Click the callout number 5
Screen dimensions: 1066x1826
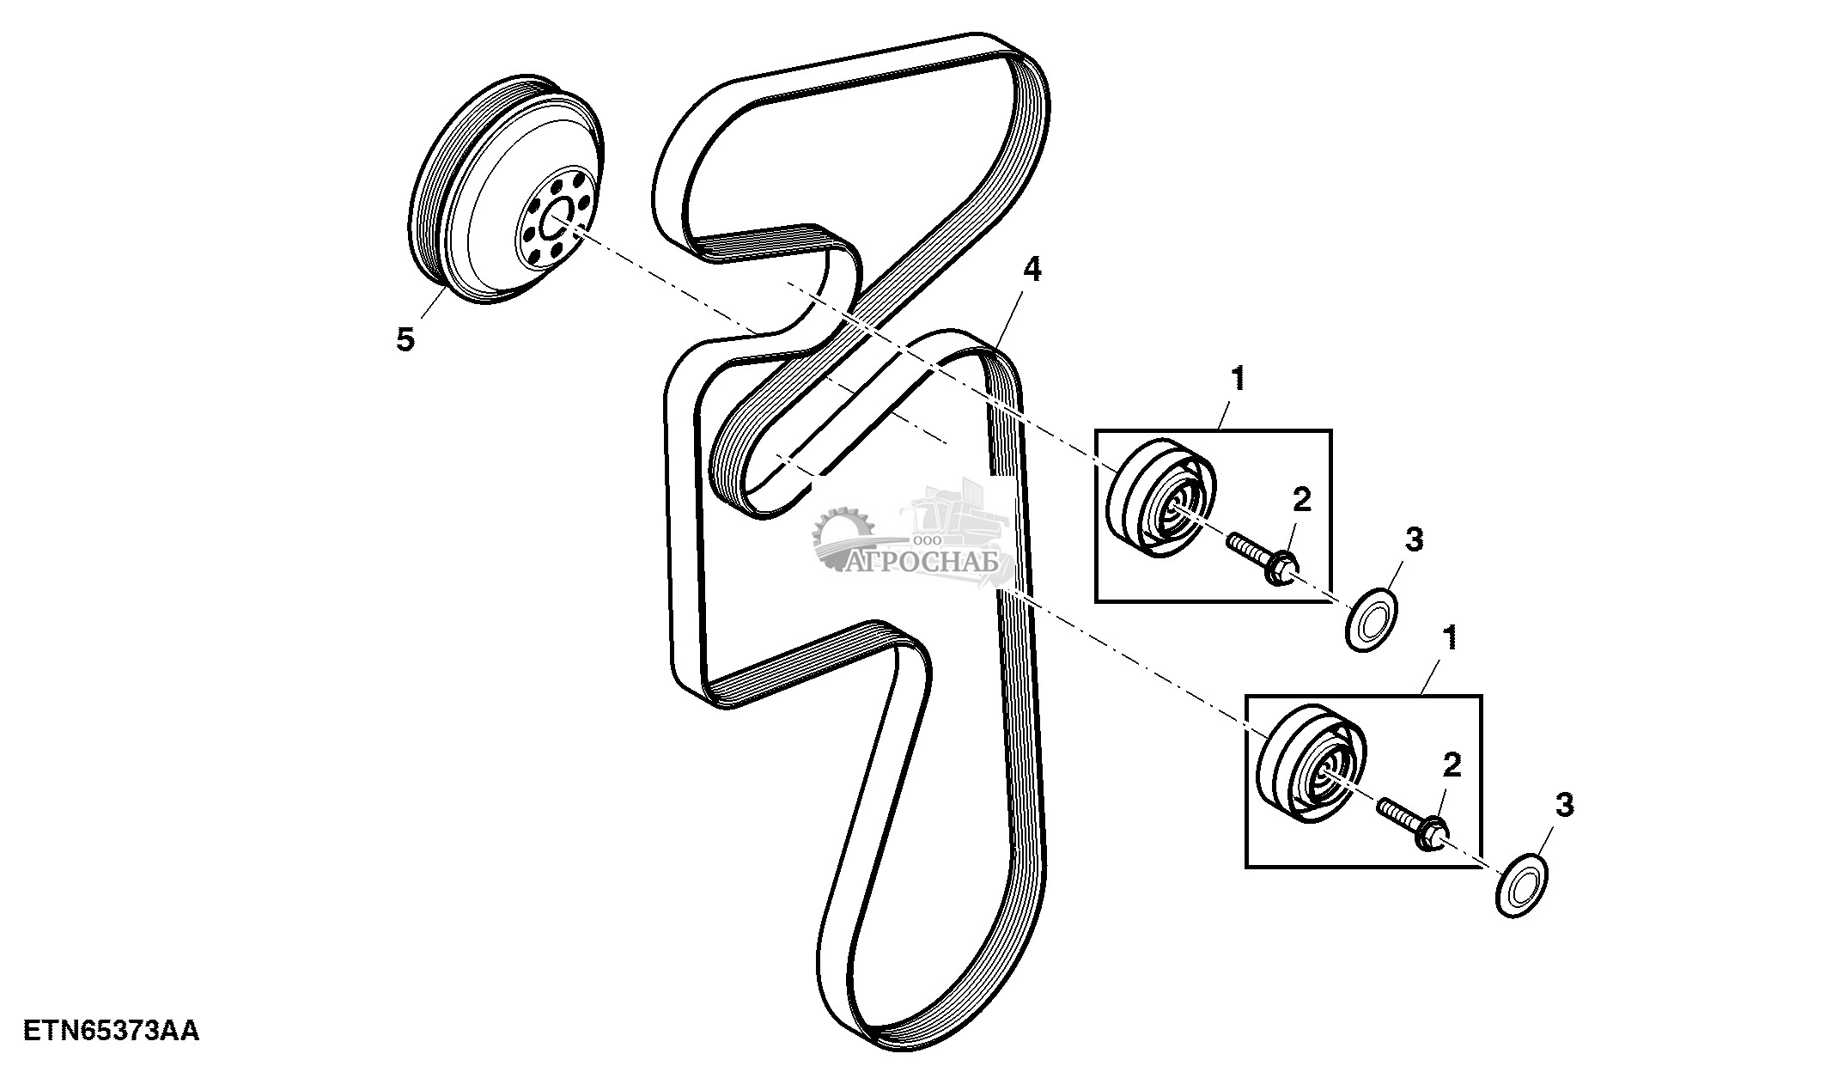tap(405, 339)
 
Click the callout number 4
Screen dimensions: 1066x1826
tap(1032, 271)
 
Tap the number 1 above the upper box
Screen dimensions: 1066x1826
tap(1237, 379)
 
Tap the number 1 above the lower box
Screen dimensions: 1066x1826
tap(1449, 638)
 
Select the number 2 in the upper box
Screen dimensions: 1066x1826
tap(1302, 500)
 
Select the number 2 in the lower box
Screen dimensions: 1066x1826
tap(1452, 764)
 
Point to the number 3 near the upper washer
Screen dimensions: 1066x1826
tap(1414, 540)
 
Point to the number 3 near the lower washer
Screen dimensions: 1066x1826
tap(1564, 806)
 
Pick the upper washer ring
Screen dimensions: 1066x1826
tap(1371, 619)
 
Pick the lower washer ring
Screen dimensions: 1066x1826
tap(1520, 885)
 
